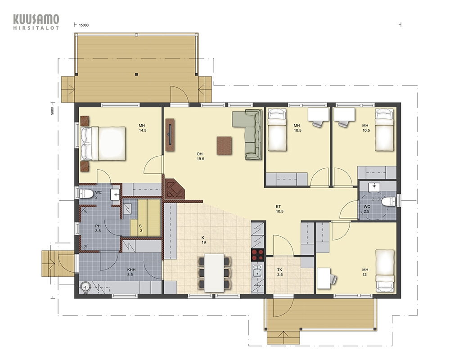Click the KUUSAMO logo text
pos(36,19)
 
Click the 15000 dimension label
pos(84,25)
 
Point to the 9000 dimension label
pos(52,111)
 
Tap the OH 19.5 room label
pos(200,157)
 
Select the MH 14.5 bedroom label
pos(142,128)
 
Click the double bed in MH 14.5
pos(103,144)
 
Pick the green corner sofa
pos(247,134)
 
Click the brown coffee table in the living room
pos(224,145)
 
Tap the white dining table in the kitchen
pos(214,273)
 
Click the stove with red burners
pos(258,255)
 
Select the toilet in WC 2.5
pos(389,201)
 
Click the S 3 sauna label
pos(140,228)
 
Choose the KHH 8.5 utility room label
pos(131,272)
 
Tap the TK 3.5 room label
pos(280,272)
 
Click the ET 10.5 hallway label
pos(279,209)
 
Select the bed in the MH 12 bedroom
pos(385,270)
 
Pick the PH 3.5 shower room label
pos(98,228)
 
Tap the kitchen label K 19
pos(203,240)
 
